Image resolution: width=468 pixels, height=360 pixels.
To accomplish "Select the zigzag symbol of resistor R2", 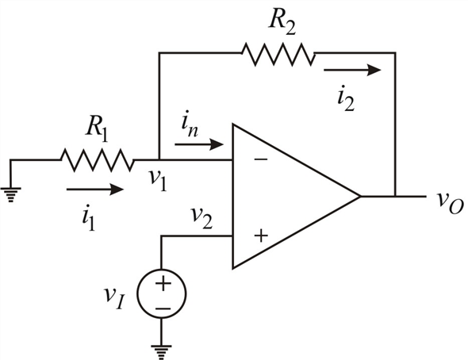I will [278, 54].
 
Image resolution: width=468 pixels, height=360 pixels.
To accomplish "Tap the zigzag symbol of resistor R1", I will [97, 160].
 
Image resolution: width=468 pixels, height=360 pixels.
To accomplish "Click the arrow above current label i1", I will [94, 190].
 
